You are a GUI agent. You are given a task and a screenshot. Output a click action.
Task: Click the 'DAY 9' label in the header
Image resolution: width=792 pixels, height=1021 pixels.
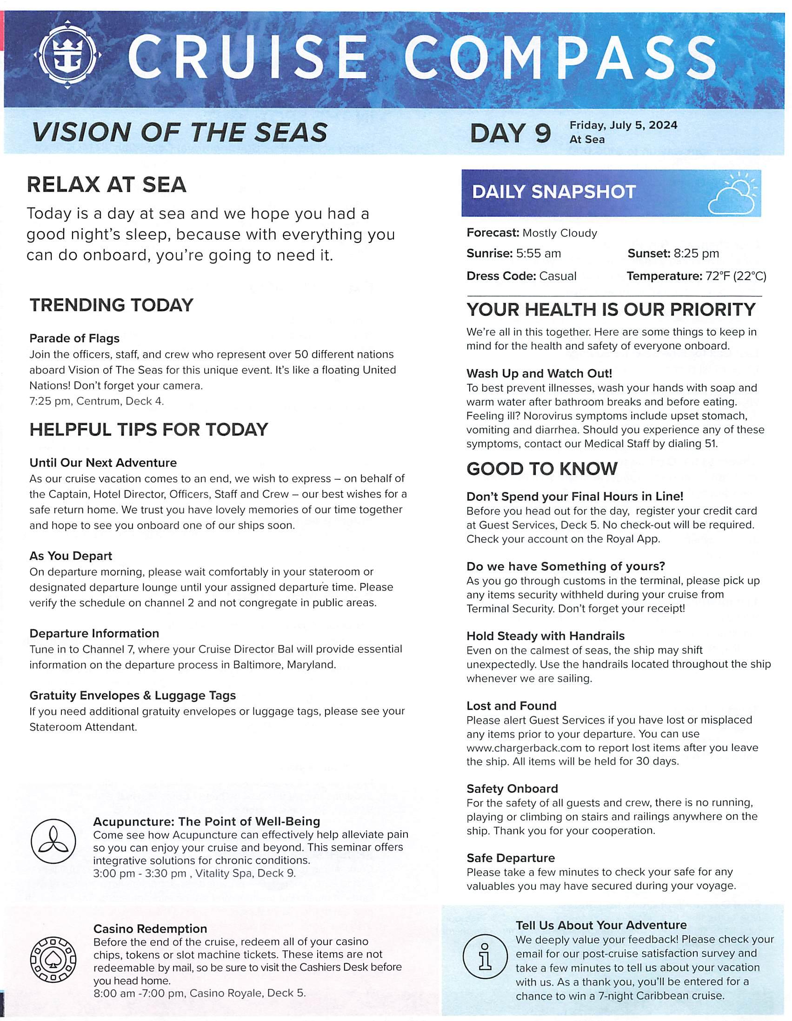pyautogui.click(x=511, y=133)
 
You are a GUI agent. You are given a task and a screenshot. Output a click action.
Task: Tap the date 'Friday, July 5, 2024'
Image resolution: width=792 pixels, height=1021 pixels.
pyautogui.click(x=623, y=125)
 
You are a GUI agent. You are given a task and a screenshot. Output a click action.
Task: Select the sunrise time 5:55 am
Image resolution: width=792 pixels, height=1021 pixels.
pyautogui.click(x=538, y=254)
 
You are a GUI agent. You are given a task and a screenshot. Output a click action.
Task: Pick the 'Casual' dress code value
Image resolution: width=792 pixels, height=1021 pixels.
pyautogui.click(x=558, y=276)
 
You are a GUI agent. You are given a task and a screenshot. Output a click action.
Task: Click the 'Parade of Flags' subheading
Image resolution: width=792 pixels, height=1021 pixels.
pyautogui.click(x=74, y=338)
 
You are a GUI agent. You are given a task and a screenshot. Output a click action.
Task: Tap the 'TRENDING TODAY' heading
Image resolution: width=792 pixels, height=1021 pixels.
pyautogui.click(x=111, y=305)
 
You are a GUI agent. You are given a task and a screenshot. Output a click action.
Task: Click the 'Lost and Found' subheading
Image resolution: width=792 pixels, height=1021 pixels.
pyautogui.click(x=511, y=706)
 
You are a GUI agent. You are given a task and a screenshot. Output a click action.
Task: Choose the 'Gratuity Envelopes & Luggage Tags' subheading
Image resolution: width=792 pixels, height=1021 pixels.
pyautogui.click(x=133, y=696)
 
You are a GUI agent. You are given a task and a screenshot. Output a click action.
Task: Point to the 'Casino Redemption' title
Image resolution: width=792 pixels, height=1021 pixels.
pyautogui.click(x=150, y=928)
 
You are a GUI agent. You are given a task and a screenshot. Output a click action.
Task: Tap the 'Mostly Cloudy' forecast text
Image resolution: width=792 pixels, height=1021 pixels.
pyautogui.click(x=560, y=233)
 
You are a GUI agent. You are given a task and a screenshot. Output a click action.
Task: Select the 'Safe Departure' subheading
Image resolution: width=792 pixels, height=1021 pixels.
pyautogui.click(x=511, y=858)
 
